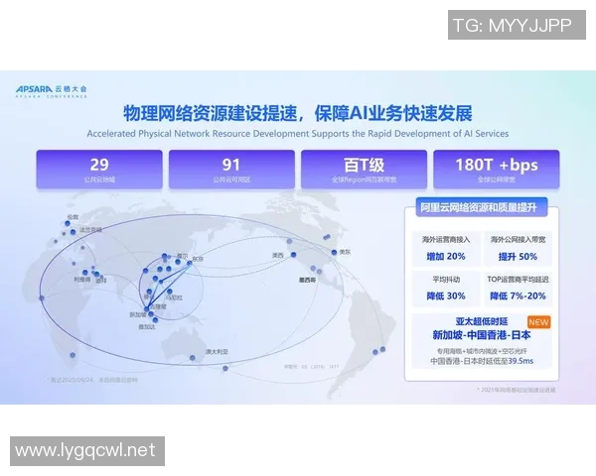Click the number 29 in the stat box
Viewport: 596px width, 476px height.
[98, 165]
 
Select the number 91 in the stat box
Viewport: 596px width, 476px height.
[231, 165]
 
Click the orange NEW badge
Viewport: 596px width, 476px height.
[538, 322]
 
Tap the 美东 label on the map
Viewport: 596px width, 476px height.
[345, 252]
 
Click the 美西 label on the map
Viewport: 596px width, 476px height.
[277, 255]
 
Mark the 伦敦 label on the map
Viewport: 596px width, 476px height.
[72, 216]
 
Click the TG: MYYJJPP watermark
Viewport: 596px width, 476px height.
[517, 25]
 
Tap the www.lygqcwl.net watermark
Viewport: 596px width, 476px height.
[85, 450]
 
